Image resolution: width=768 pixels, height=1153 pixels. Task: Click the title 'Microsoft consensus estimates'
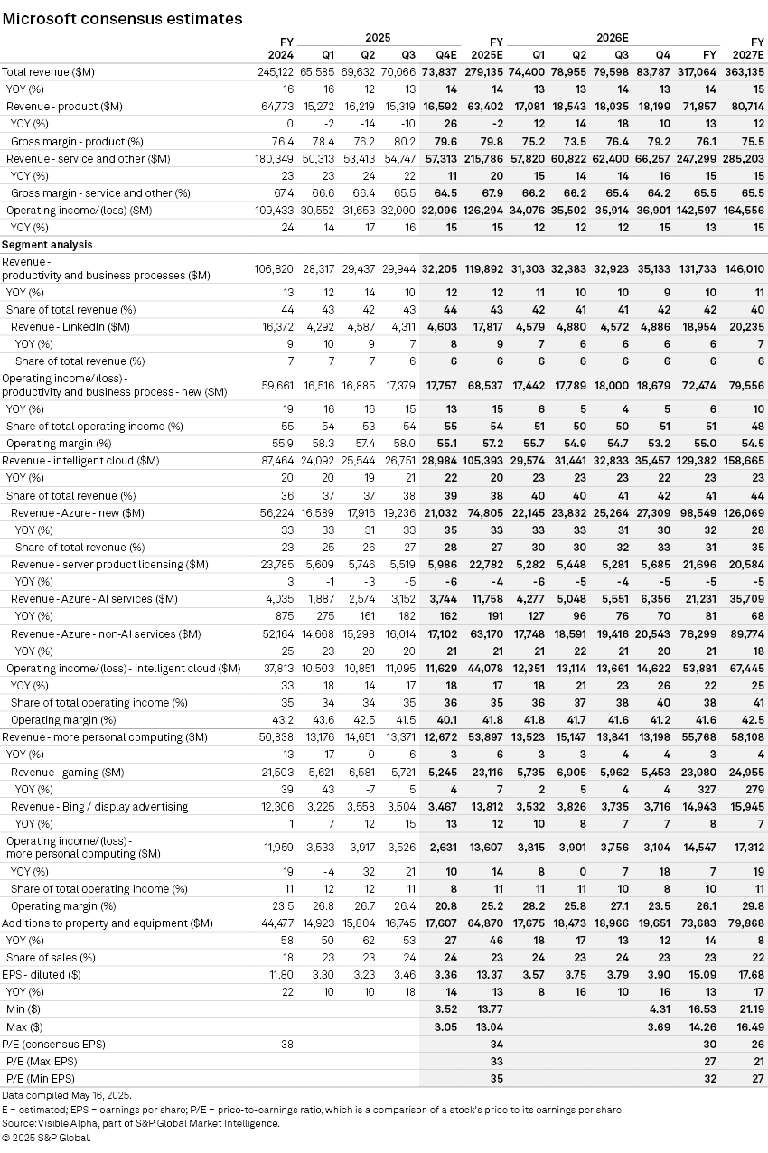(x=122, y=18)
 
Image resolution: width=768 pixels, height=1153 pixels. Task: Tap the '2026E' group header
(x=612, y=38)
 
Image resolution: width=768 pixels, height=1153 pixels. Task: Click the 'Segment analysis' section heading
(x=47, y=245)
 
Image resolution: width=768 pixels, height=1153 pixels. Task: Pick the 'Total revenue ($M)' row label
(x=52, y=71)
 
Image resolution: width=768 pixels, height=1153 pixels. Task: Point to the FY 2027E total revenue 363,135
(x=745, y=71)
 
